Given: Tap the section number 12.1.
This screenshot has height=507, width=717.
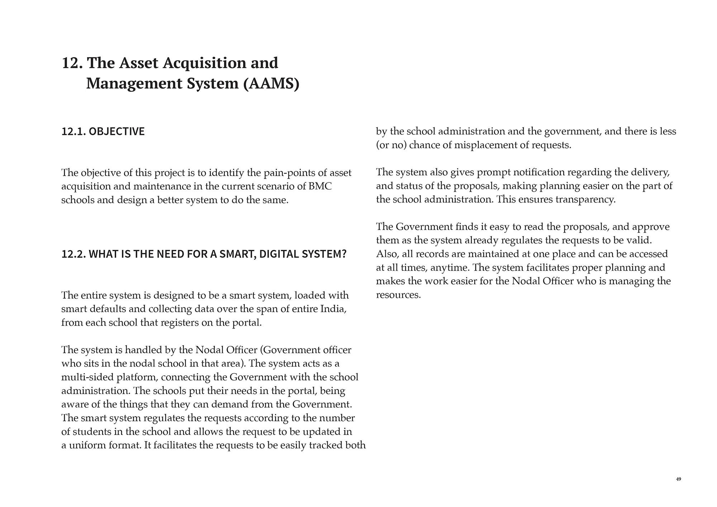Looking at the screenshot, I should (x=73, y=132).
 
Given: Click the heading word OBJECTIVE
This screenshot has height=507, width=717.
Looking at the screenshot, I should (x=117, y=132).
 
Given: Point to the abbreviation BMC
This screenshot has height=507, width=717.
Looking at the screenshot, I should (x=319, y=186).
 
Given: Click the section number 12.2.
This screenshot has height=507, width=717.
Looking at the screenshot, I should (x=73, y=254).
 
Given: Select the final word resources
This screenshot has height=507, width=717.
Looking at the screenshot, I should (x=398, y=295).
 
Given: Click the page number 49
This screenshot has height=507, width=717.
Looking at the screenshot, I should (x=678, y=479).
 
